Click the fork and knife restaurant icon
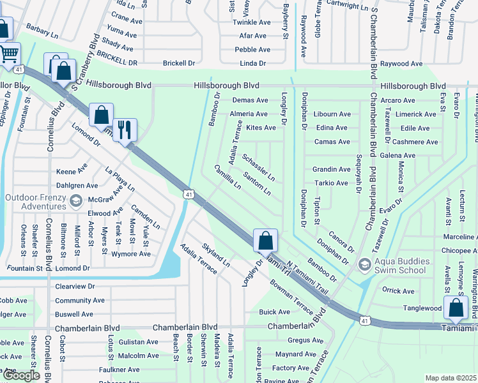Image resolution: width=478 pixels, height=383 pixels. pos(125,130)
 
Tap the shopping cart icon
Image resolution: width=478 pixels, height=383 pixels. pos(8,54)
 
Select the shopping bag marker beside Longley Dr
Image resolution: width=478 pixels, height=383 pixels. pos(266,241)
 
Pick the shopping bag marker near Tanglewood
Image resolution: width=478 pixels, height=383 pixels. pos(456,308)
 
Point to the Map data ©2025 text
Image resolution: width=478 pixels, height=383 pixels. pos(451,378)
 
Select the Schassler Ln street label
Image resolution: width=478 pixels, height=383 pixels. pos(259,167)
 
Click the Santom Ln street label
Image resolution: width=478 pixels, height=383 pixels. pos(257,183)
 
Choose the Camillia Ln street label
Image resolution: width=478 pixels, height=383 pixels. pos(228,177)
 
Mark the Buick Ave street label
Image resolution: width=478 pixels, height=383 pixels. pos(275,312)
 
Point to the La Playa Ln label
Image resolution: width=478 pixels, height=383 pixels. pos(121,179)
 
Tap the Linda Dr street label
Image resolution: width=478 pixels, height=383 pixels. pos(252,63)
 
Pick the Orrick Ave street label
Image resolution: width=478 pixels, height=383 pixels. pos(399,291)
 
